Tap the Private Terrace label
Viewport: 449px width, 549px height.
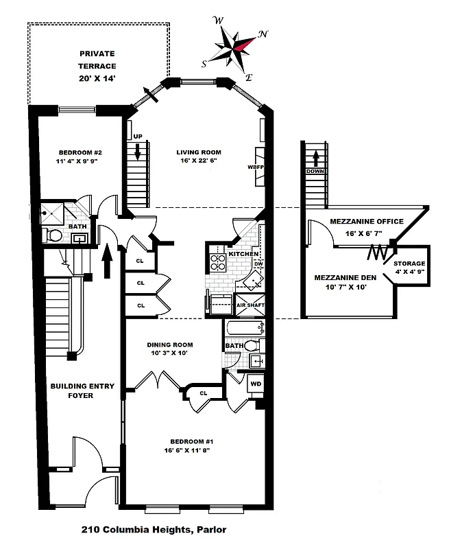[97, 66]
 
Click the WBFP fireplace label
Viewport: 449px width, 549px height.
[256, 167]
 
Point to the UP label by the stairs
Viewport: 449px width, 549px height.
[138, 137]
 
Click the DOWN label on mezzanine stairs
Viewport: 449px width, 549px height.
[316, 172]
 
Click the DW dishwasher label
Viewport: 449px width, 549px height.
[258, 264]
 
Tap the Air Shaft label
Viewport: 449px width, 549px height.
[250, 305]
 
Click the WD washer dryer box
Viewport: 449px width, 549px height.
[255, 384]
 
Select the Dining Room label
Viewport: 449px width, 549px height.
[170, 349]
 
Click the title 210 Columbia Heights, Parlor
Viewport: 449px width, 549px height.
[154, 529]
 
